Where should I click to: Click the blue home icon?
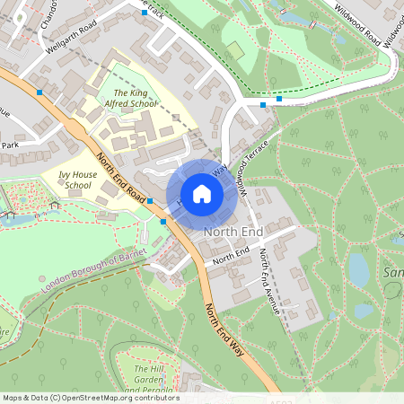point(202,193)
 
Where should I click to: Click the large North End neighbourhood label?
point(233,233)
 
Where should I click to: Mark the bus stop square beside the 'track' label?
point(145,14)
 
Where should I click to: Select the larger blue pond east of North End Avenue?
point(358,268)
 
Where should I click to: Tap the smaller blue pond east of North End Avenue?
point(364,312)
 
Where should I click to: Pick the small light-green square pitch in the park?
point(234,49)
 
